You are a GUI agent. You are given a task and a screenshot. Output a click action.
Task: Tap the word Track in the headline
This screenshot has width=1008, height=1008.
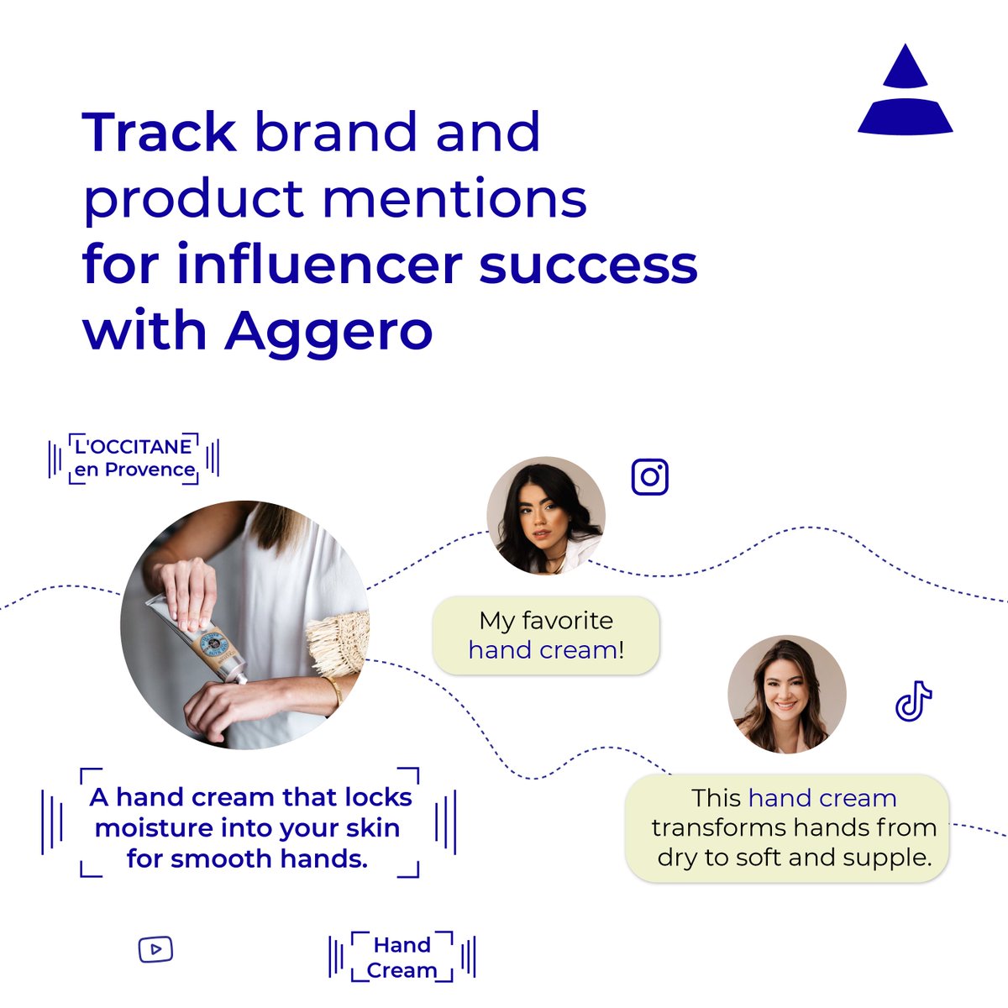coord(160,133)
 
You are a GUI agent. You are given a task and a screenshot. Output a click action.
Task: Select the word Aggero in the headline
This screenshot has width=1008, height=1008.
coord(328,331)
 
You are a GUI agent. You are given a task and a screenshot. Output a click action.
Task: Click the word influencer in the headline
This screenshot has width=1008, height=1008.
coord(319,265)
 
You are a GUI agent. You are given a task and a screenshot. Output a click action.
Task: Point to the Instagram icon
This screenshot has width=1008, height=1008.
coord(649,477)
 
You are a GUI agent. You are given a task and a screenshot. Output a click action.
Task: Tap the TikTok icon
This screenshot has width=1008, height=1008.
coord(913,701)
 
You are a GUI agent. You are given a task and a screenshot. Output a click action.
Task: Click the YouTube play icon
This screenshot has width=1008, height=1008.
coord(155,950)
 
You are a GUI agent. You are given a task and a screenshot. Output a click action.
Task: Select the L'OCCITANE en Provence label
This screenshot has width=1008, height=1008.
coord(134,459)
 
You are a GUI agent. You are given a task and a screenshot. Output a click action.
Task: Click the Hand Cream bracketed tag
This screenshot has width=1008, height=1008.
coord(402,958)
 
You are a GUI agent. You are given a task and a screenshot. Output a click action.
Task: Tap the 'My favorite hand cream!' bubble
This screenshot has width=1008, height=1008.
coord(546,635)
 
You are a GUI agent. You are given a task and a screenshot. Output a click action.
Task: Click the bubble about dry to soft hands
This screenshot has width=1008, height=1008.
coord(787,828)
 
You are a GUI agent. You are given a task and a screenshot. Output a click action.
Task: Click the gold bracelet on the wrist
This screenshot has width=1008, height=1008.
coord(335,690)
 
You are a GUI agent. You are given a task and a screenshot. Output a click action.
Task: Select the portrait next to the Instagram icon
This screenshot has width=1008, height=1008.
coord(546,516)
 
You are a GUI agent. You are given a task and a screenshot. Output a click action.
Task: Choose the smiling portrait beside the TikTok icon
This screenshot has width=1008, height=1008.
coord(786,694)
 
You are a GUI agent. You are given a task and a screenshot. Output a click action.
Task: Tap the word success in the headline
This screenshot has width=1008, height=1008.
coord(588,265)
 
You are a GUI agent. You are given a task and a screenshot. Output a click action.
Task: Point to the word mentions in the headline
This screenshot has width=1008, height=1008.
coord(454,199)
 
